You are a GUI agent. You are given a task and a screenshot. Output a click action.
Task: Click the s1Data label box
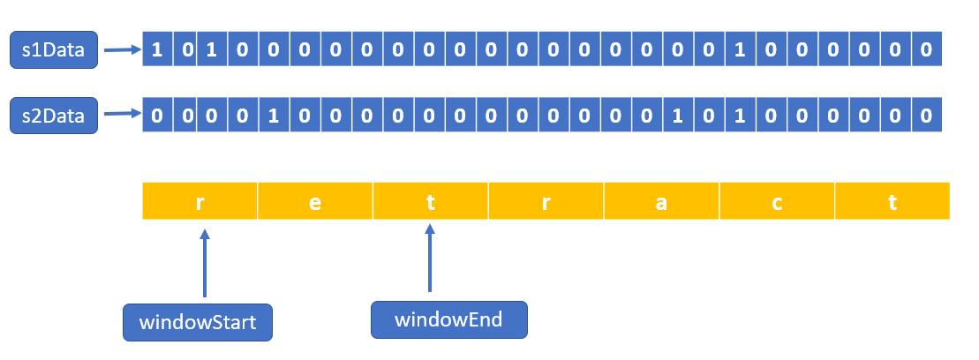point(52,50)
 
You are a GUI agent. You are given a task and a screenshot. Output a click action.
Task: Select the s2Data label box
point(52,116)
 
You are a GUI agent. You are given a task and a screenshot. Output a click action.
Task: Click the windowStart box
point(197,322)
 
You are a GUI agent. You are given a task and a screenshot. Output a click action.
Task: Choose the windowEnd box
point(448,319)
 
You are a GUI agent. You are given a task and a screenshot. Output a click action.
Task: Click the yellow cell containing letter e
point(315,201)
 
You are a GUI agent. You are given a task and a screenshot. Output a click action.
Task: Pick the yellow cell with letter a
point(661,201)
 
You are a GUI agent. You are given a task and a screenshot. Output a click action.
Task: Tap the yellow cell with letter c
point(777,201)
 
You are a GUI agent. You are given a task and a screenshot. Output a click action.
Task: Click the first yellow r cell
point(200,201)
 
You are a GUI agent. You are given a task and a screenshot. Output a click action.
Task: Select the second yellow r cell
point(546,201)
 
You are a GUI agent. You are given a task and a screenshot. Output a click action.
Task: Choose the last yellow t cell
point(892,201)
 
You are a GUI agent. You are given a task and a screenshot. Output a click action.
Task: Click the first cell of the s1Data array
point(157,49)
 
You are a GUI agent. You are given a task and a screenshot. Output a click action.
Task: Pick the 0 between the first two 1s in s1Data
point(187,49)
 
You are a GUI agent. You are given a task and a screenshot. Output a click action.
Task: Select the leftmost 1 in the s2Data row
point(274,116)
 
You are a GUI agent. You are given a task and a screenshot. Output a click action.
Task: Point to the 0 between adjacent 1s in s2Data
point(708,116)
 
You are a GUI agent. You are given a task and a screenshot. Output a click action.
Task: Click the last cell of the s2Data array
point(925,116)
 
